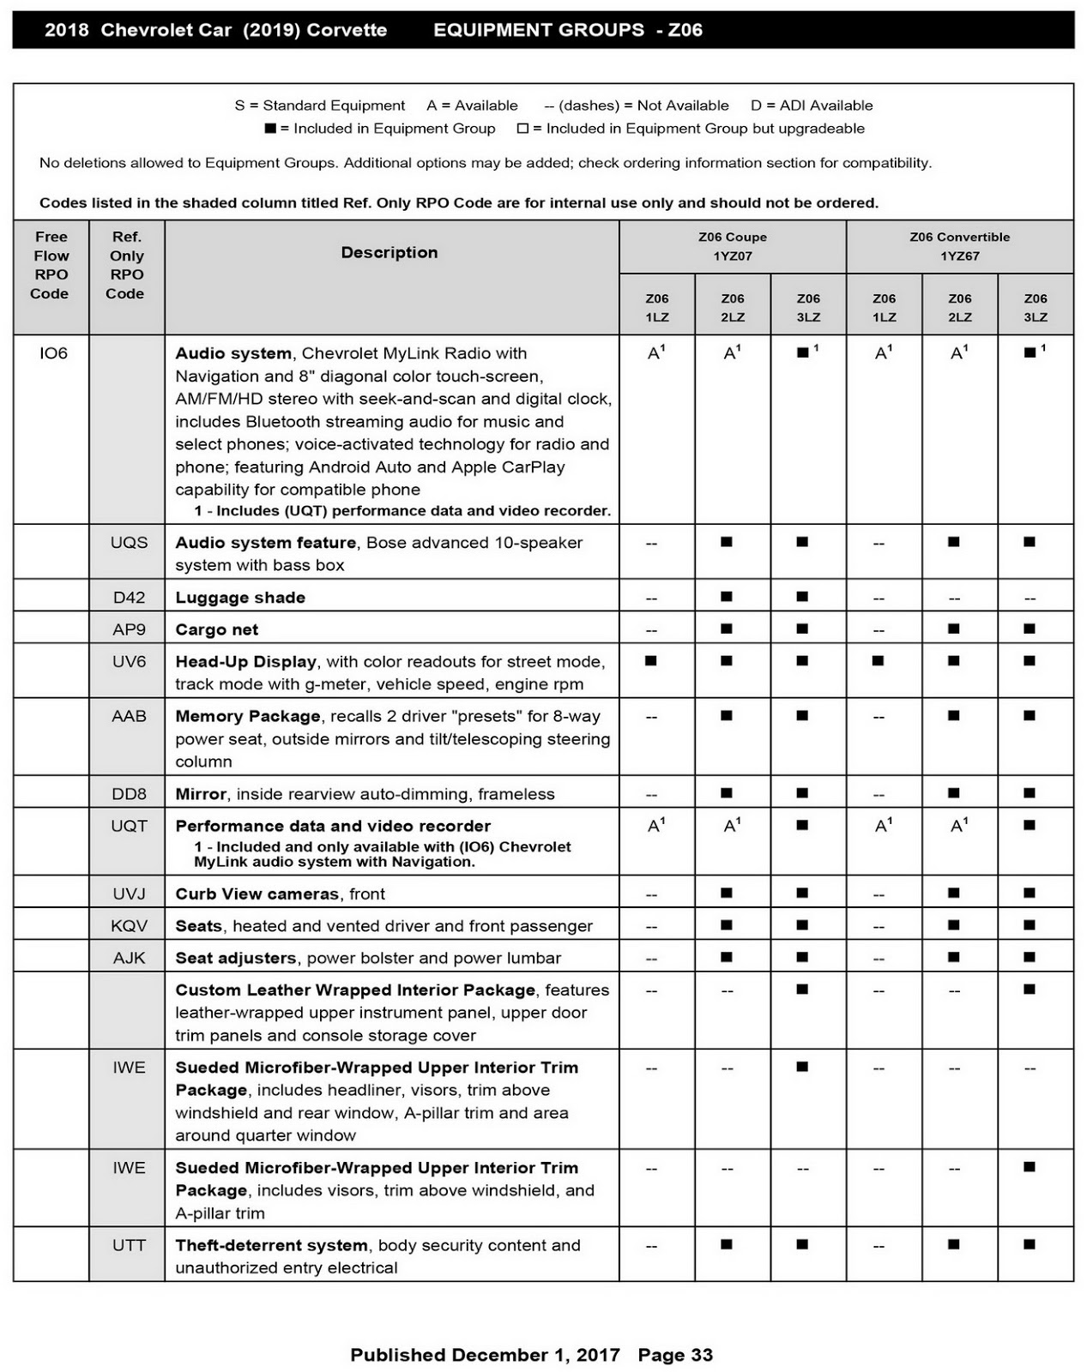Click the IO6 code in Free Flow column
(x=53, y=353)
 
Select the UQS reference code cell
(x=129, y=543)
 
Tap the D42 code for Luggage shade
(x=129, y=598)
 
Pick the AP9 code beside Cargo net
(x=129, y=629)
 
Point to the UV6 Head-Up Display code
(x=129, y=662)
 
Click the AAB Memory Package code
(x=129, y=716)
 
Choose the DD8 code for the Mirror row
(x=129, y=794)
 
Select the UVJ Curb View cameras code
(x=129, y=894)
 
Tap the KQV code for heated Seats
(x=129, y=926)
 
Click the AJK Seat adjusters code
(x=129, y=958)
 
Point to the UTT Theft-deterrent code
(x=129, y=1245)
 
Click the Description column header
(x=390, y=253)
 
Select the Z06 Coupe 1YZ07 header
(x=733, y=246)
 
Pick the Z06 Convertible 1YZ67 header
(x=959, y=246)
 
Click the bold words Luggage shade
(x=240, y=598)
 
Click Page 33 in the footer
(x=675, y=1355)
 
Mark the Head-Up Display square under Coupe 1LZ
(x=651, y=661)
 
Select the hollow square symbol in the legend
(x=522, y=129)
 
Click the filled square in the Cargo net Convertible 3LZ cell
(x=1030, y=629)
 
